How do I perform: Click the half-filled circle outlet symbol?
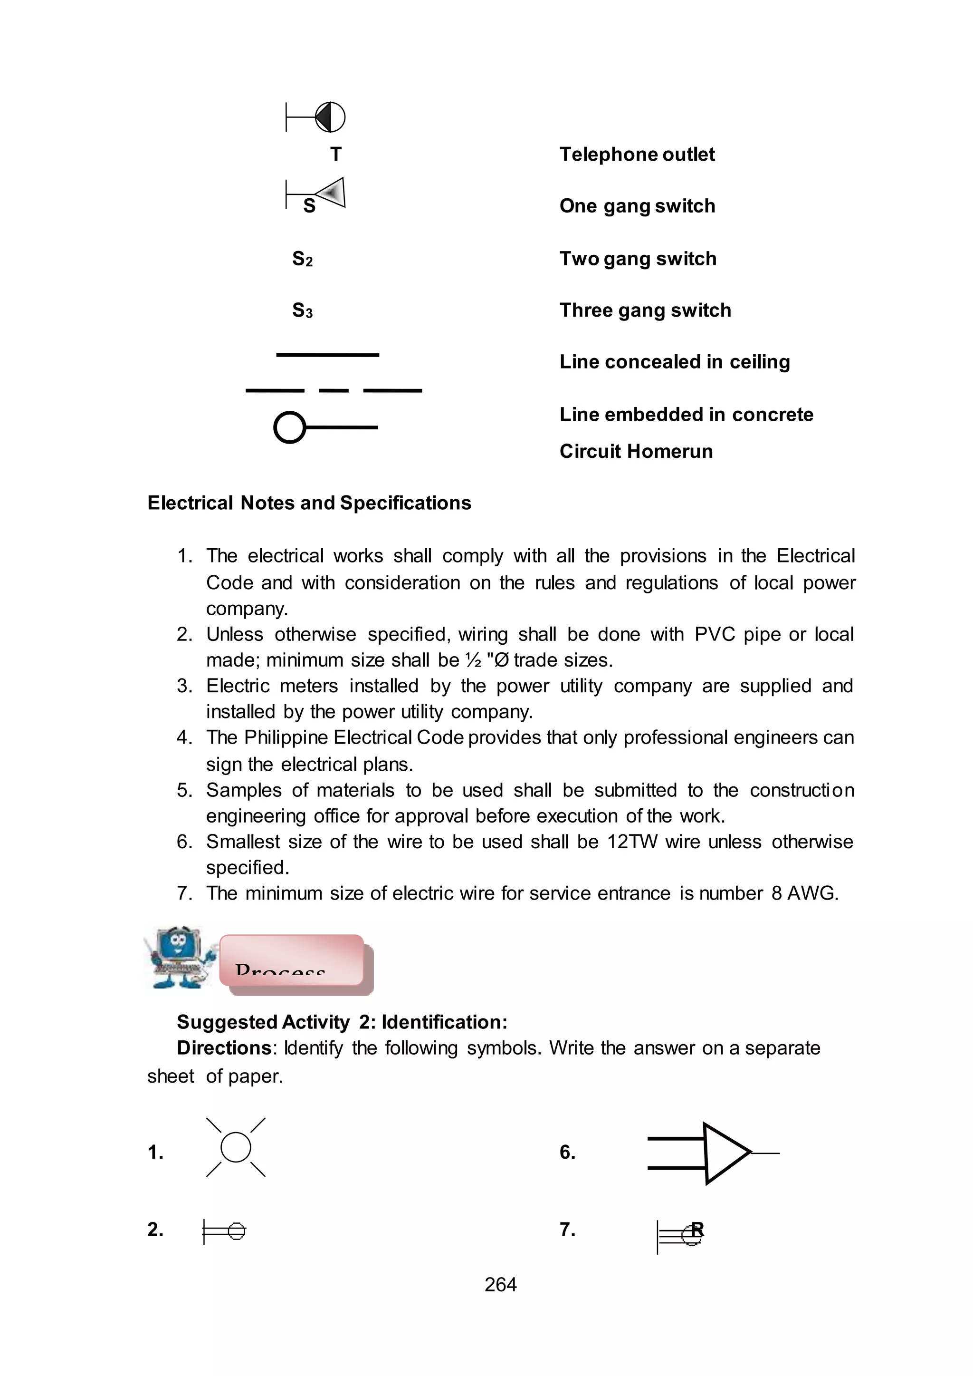(x=330, y=117)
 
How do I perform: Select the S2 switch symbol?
(x=303, y=259)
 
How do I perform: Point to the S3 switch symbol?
(x=303, y=310)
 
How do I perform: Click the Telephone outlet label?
(x=637, y=155)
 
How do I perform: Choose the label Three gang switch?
(x=645, y=310)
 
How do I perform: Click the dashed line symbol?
(x=334, y=391)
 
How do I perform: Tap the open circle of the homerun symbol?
(x=290, y=427)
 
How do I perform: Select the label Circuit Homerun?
(x=636, y=452)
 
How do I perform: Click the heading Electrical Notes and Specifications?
(x=309, y=503)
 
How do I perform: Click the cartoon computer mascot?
(x=180, y=958)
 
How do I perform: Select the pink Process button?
(x=292, y=960)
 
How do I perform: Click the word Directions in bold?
(x=224, y=1048)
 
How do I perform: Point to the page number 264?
(x=500, y=1284)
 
